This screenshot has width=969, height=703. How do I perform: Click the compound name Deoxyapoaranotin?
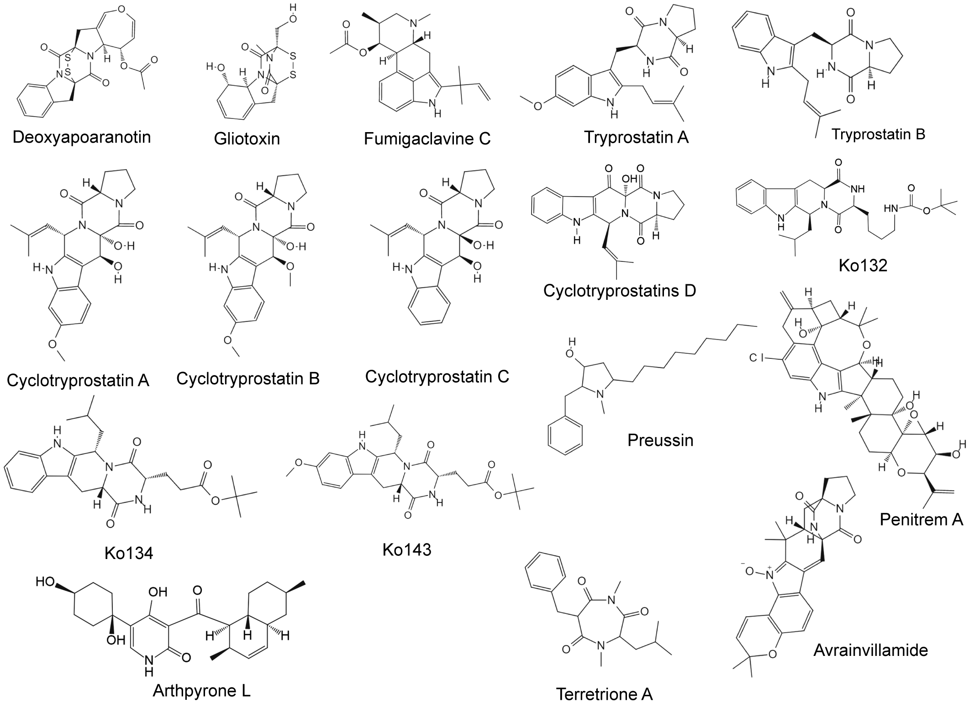(82, 137)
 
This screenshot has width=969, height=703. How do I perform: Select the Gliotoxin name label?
(247, 138)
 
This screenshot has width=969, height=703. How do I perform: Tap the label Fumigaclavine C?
(427, 138)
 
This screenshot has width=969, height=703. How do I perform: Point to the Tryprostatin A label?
(636, 137)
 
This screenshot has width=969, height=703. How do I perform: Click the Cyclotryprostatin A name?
(78, 381)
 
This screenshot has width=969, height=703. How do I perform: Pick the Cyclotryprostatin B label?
(248, 378)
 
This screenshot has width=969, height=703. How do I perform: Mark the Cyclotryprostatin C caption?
(437, 377)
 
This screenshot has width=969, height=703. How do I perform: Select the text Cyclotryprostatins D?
(619, 291)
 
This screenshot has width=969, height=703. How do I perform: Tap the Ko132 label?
(863, 266)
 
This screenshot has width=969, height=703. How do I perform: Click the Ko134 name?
(129, 554)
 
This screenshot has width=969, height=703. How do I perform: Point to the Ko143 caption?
(406, 550)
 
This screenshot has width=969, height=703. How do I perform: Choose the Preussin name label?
(660, 440)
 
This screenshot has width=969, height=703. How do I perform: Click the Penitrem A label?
(921, 520)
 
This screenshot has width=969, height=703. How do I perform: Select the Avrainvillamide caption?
(870, 650)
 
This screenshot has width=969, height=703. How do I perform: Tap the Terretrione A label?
(604, 694)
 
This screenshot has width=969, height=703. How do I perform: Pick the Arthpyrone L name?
(201, 691)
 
